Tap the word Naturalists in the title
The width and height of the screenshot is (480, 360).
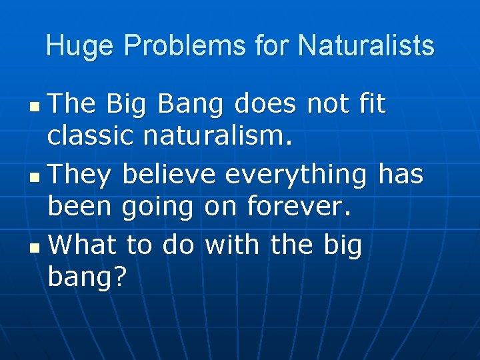coord(366,46)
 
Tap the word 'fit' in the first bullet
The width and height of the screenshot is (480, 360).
coord(371,104)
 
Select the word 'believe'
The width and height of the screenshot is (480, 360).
coord(169,175)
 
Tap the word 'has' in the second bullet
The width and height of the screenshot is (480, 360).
coord(401,175)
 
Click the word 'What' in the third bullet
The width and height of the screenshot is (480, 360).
coord(84,245)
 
